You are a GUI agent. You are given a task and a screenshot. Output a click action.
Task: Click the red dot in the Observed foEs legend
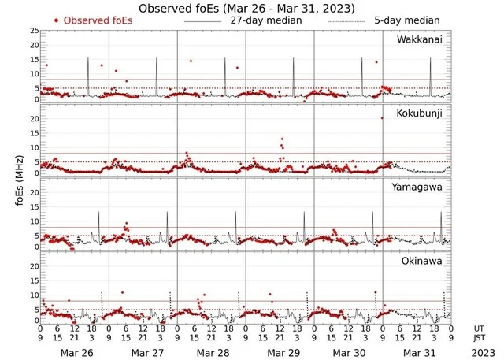point(57,20)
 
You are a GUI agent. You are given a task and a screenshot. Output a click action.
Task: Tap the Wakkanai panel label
point(418,39)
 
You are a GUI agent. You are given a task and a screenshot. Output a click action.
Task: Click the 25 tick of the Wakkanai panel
point(33,31)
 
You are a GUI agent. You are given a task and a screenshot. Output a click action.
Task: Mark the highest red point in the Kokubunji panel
point(382,117)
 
